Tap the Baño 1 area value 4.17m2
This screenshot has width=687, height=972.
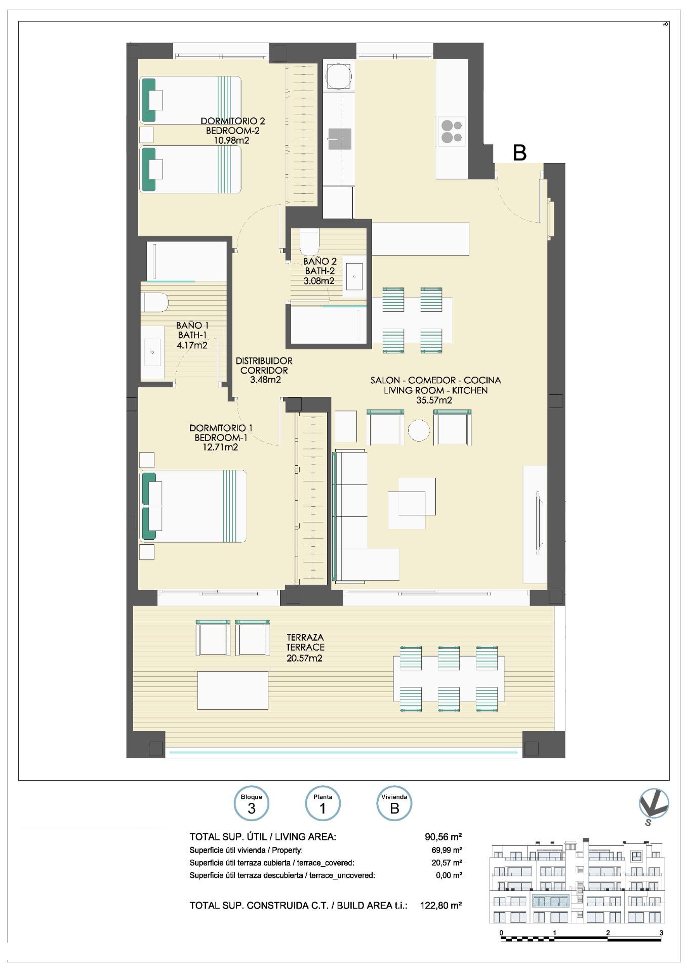pyautogui.click(x=192, y=346)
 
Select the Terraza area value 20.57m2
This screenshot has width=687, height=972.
pyautogui.click(x=305, y=658)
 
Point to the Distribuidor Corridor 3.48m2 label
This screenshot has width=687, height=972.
pyautogui.click(x=264, y=370)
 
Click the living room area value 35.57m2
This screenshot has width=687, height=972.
pyautogui.click(x=433, y=400)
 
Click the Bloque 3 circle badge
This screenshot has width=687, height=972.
pyautogui.click(x=252, y=805)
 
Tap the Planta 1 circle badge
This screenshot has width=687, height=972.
pyautogui.click(x=323, y=805)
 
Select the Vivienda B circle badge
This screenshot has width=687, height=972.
pyautogui.click(x=394, y=805)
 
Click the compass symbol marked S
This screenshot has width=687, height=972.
pyautogui.click(x=654, y=805)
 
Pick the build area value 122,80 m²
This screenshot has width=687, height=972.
pyautogui.click(x=440, y=905)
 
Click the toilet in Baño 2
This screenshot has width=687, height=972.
pyautogui.click(x=309, y=241)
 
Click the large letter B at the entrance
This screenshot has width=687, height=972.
pyautogui.click(x=519, y=152)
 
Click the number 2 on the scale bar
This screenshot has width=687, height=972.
pyautogui.click(x=608, y=933)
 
